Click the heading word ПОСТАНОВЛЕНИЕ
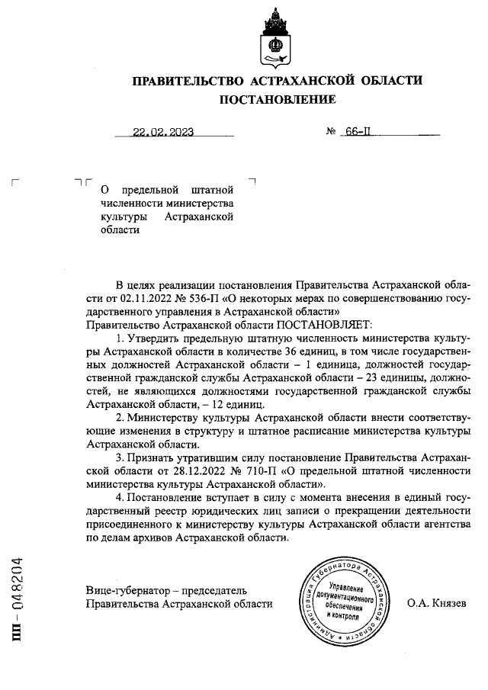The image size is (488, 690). tap(277, 99)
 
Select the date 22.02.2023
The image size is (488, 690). tap(162, 131)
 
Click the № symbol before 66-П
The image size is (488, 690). tap(332, 131)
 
